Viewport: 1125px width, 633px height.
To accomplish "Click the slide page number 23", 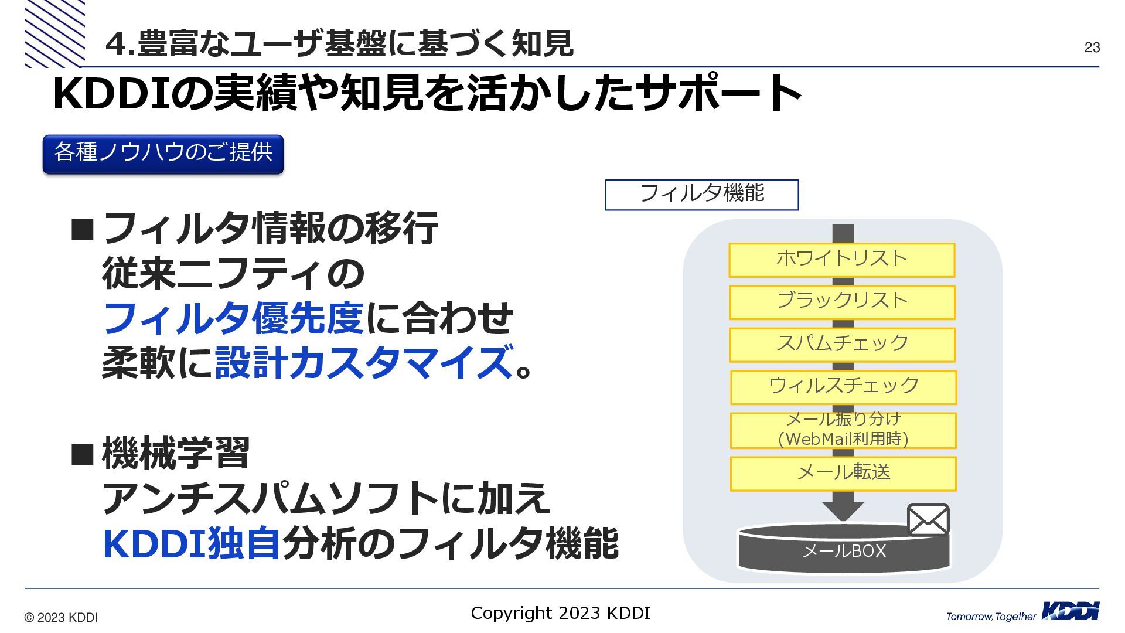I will pos(1092,47).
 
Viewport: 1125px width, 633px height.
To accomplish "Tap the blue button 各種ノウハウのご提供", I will pos(163,154).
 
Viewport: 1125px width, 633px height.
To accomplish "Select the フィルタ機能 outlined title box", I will pos(701,195).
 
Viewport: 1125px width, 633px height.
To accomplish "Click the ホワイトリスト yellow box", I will pos(841,260).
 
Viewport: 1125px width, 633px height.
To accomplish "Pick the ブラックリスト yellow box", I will pos(841,302).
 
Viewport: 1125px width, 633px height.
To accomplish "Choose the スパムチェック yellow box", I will pos(842,344).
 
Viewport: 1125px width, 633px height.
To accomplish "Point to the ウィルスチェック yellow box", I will pos(843,387).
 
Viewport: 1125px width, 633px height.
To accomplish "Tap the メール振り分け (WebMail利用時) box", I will pos(843,430).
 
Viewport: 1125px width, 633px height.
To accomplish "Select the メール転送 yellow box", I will pos(843,473).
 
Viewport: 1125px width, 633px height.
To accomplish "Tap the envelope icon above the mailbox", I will pos(928,519).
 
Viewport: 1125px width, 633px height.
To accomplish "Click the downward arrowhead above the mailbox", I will pos(843,511).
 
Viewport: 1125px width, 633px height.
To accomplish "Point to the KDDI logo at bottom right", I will pos(1071,611).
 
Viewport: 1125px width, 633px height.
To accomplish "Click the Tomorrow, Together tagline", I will pos(991,616).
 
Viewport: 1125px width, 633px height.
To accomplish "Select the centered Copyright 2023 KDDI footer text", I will pos(560,613).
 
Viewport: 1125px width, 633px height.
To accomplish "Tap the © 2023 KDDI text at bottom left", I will pos(61,618).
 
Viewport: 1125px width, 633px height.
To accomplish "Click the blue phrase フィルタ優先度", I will pos(233,319).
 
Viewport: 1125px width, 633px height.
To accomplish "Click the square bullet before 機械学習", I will pos(82,454).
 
